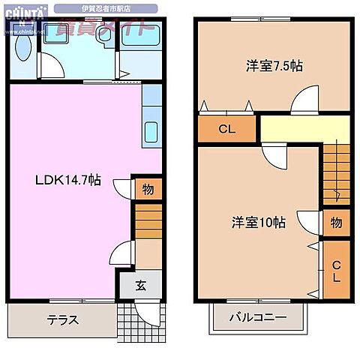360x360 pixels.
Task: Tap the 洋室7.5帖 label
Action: point(274,66)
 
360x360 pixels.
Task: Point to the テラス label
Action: point(63,319)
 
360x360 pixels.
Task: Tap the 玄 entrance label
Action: point(141,285)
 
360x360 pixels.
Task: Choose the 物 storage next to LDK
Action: point(148,189)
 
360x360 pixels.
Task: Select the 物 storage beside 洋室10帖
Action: point(335,222)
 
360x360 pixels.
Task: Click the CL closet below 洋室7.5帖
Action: point(227,129)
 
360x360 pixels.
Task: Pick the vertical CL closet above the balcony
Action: point(336,271)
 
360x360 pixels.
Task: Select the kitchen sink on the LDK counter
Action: point(149,131)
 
